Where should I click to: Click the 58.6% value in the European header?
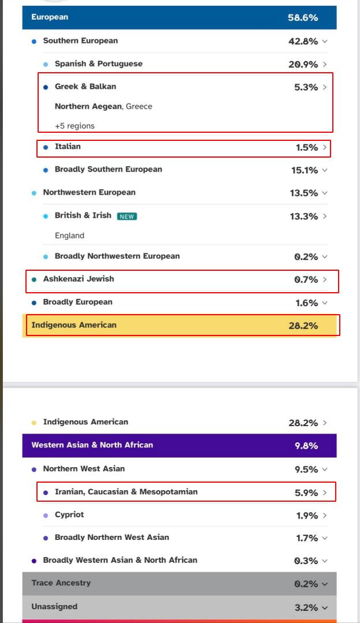(x=303, y=18)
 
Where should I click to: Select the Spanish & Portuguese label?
(x=98, y=64)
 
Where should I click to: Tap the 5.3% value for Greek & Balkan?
(x=306, y=87)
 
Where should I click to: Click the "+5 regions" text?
(x=75, y=126)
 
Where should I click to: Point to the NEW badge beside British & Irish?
(x=127, y=217)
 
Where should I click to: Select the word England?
(x=69, y=236)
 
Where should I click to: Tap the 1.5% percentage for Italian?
(x=307, y=148)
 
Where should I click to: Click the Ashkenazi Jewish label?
(x=79, y=279)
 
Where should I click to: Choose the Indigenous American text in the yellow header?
(x=73, y=325)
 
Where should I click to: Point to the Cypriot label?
(x=69, y=514)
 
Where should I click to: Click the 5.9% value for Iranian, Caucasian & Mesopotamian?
(x=306, y=493)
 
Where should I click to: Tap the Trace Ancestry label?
(x=61, y=583)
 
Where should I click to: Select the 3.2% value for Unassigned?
(x=306, y=607)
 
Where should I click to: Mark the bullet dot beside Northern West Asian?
(x=34, y=469)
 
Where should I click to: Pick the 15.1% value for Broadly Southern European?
(x=305, y=170)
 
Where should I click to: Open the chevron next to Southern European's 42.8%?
(x=325, y=42)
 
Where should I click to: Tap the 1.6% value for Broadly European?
(x=307, y=303)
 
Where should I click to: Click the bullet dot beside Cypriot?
(x=46, y=515)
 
